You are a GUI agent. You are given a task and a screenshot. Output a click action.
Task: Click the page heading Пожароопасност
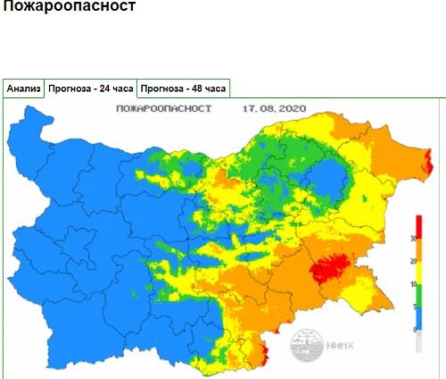click(70, 8)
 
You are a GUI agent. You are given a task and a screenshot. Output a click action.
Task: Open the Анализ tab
click(23, 88)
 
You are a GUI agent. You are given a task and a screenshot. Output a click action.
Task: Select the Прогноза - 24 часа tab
click(91, 88)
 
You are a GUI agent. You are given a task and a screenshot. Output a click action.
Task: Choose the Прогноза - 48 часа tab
click(184, 88)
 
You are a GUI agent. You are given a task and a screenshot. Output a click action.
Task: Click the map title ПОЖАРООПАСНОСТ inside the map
click(164, 109)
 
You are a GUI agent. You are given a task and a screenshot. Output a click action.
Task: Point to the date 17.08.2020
click(275, 109)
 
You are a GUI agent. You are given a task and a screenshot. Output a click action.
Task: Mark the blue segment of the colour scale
click(418, 314)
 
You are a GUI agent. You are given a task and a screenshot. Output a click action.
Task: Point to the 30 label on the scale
click(412, 239)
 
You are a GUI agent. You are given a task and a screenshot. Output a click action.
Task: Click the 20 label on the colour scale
click(412, 261)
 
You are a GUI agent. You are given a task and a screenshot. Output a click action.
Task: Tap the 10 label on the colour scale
click(412, 284)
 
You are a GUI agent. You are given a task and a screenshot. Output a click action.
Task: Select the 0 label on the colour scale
click(413, 330)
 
